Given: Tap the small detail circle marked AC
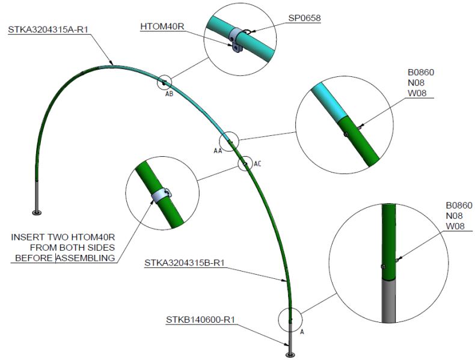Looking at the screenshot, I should pos(245,163).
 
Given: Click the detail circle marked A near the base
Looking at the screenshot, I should pos(290,319).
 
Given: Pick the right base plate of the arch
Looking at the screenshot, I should pos(290,355).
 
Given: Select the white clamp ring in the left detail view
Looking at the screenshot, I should pos(159,196).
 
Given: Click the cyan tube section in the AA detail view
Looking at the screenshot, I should pos(327,100).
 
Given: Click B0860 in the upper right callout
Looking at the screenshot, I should pos(420,73).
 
